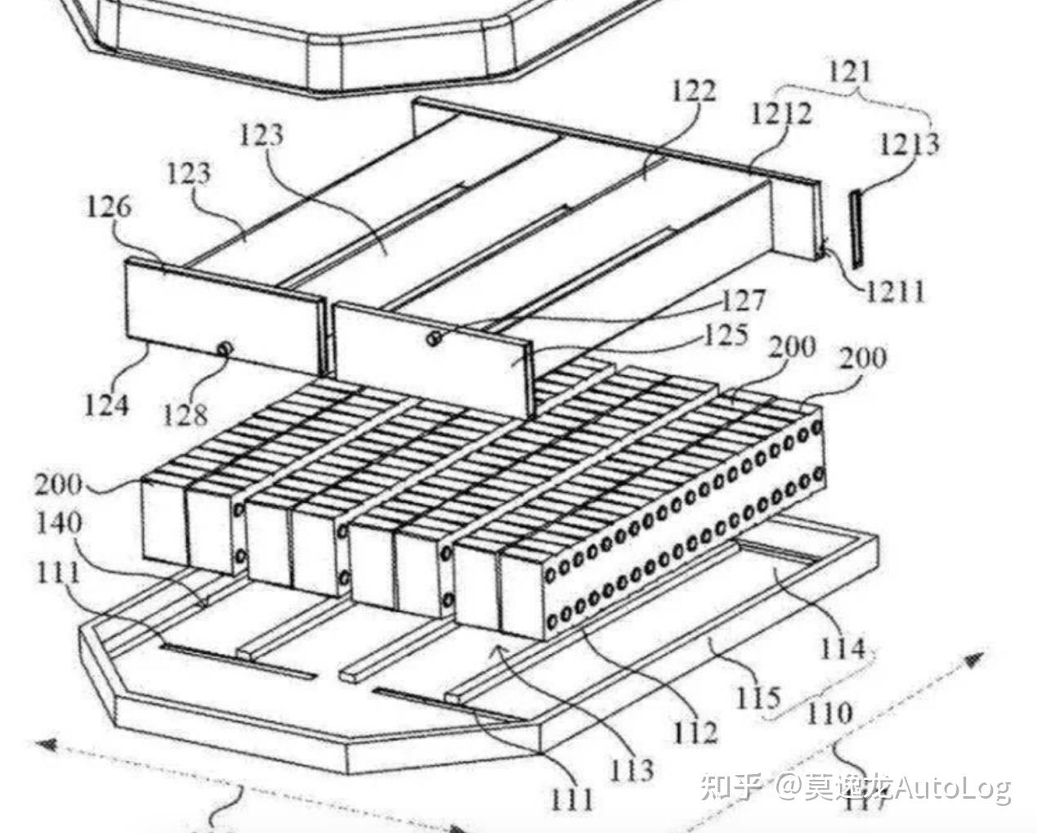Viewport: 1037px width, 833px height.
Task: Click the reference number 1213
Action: tap(909, 144)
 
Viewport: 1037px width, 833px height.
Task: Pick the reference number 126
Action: tap(109, 207)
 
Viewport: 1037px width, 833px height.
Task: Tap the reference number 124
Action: tap(107, 404)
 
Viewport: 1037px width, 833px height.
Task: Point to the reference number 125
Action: tap(723, 334)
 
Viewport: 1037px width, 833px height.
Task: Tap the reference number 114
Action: tap(842, 648)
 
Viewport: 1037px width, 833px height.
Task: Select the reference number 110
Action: tap(829, 714)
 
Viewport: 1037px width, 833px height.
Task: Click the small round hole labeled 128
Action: tap(221, 349)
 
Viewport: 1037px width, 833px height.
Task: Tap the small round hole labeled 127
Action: tap(434, 338)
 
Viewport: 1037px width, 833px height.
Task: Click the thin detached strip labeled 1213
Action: tap(855, 228)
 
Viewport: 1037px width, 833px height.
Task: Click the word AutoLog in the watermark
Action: tap(951, 788)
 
